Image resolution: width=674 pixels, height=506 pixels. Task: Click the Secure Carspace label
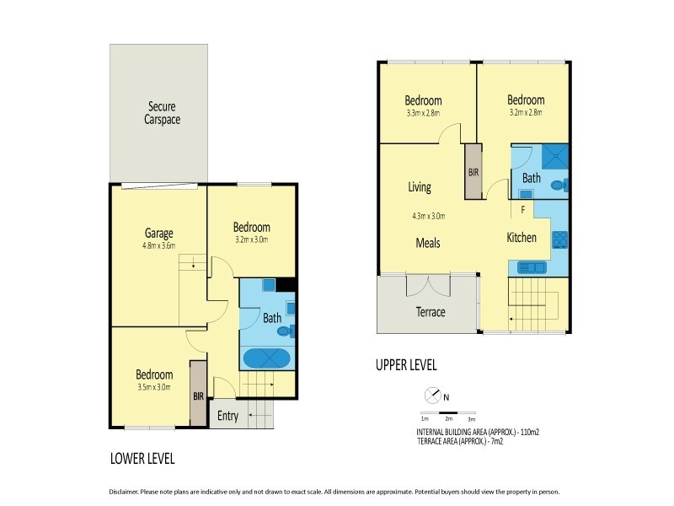163,113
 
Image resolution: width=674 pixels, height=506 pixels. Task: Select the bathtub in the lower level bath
267,358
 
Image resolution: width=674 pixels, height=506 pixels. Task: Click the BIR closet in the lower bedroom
198,394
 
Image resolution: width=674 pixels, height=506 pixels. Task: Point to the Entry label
227,416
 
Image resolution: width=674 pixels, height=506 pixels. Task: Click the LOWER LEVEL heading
142,460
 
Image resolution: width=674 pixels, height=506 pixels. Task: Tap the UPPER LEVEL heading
406,365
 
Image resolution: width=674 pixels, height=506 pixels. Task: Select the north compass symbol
431,394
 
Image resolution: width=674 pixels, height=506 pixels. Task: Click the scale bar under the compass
448,413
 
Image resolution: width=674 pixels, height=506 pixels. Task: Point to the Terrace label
431,312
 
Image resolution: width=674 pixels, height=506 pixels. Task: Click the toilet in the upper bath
558,185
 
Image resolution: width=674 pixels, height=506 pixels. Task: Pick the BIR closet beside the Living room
473,170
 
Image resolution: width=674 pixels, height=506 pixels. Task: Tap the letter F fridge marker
523,209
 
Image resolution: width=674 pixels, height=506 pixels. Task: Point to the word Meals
428,243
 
